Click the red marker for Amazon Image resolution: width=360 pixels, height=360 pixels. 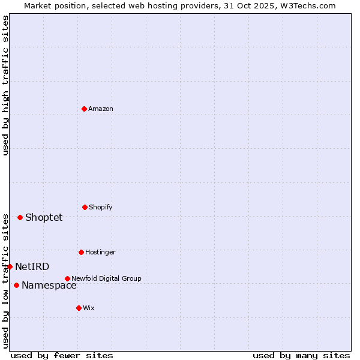[x=84, y=109]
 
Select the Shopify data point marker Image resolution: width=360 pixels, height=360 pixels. [x=85, y=207]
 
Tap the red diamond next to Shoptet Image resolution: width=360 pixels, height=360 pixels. [x=20, y=217]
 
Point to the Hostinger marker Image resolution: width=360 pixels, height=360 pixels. [x=81, y=252]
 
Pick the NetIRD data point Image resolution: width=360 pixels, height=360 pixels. [x=10, y=266]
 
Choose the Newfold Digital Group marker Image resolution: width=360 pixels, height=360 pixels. [x=67, y=278]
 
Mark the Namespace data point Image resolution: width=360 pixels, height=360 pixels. [x=16, y=285]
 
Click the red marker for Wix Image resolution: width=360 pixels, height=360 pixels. [x=79, y=308]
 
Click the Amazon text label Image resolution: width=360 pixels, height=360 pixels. [x=101, y=109]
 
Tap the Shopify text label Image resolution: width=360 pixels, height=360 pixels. [x=101, y=207]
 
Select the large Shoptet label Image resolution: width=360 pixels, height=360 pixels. [x=44, y=217]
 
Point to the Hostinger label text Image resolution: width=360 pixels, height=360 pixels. [x=100, y=252]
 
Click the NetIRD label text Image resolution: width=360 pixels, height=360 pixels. [x=32, y=266]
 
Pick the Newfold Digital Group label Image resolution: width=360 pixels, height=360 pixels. [x=106, y=278]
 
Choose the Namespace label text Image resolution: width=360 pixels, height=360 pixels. [x=49, y=285]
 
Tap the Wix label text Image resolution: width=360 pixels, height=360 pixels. [x=89, y=308]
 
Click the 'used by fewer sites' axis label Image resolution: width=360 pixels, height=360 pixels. [x=62, y=355]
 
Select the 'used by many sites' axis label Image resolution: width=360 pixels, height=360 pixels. [x=301, y=355]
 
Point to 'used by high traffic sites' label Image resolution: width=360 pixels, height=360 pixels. [x=5, y=85]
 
